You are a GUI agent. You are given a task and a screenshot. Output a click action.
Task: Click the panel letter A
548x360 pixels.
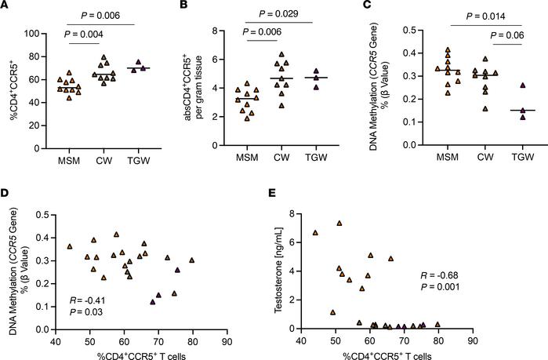coord(5,7)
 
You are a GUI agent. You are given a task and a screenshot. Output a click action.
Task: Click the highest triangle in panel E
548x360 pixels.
coord(339,223)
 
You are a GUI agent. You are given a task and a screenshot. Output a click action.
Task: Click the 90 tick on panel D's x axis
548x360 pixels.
coord(227,341)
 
